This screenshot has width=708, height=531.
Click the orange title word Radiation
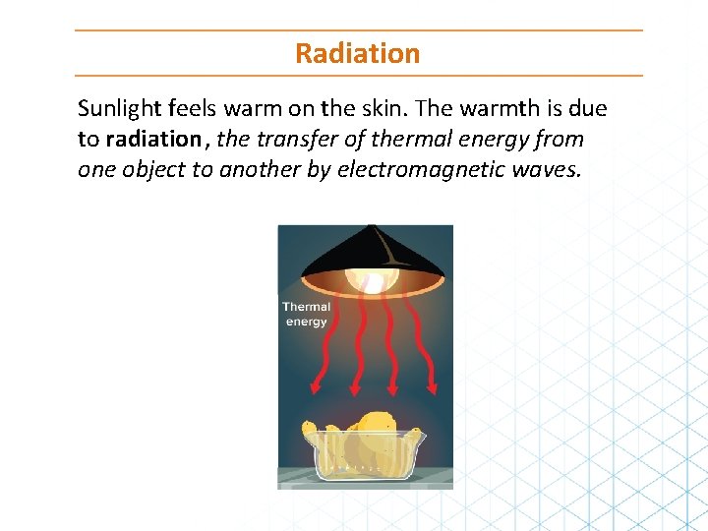tap(357, 53)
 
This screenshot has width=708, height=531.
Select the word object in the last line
tap(157, 170)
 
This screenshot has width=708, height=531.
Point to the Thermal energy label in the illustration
tap(306, 314)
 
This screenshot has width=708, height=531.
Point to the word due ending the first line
tap(587, 109)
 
